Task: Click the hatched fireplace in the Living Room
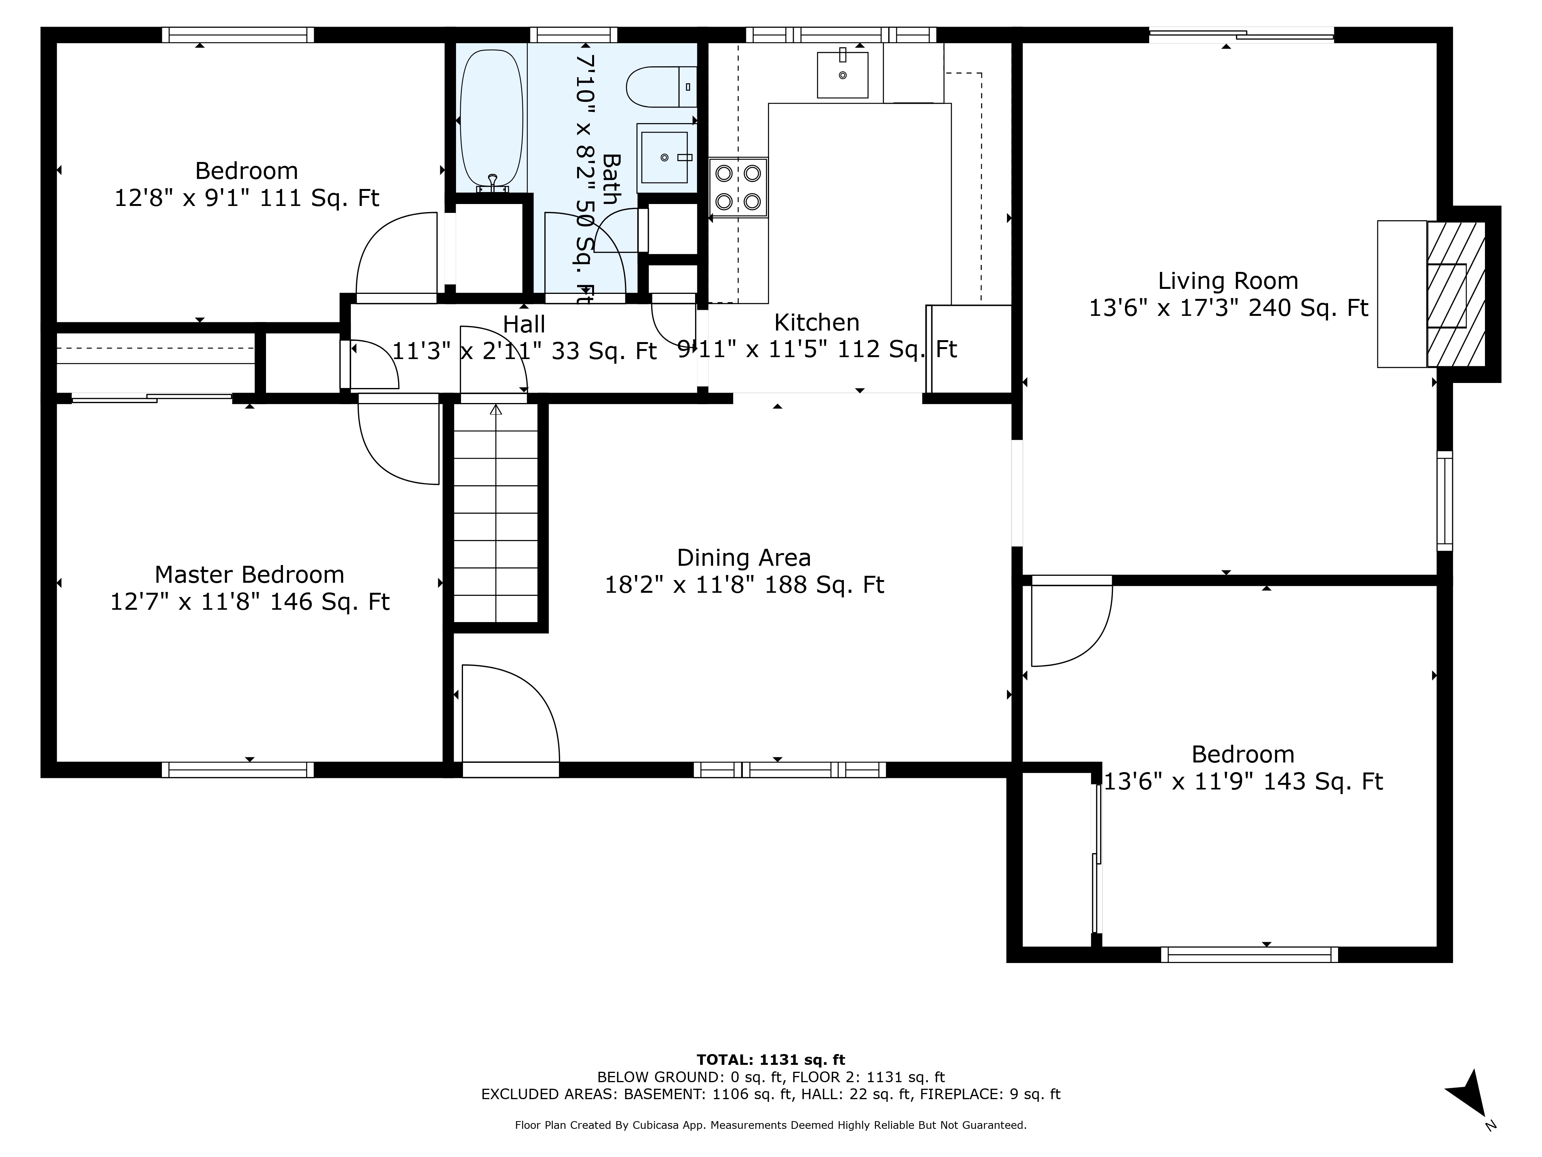(1456, 294)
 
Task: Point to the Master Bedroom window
(238, 770)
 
